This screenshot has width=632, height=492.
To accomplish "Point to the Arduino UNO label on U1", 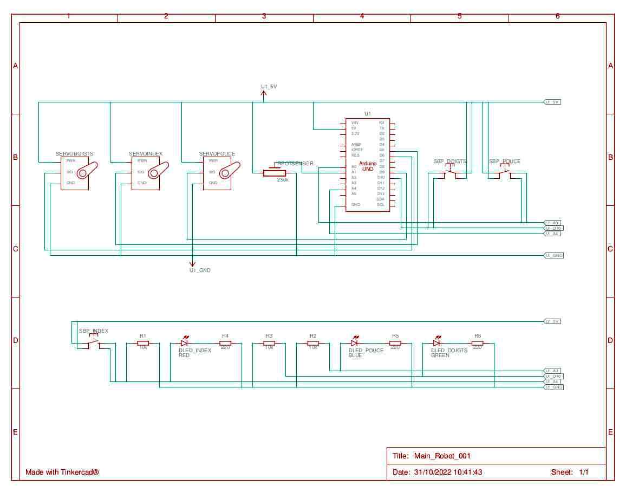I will coord(368,166).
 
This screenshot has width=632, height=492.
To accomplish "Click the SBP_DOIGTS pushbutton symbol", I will coord(450,173).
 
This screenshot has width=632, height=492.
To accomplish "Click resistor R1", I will coord(143,343).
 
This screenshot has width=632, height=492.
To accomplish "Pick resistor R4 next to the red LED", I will coord(225,343).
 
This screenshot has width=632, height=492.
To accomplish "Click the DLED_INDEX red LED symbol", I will coord(184,342).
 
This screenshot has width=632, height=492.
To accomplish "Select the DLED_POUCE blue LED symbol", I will coord(355,342).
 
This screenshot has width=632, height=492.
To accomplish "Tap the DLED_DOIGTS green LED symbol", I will coord(436,342).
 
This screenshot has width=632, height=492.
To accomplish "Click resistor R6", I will coord(477,343).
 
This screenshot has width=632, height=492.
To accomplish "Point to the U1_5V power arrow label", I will coord(269,87).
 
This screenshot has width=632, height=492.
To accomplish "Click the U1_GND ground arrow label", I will coord(200,270).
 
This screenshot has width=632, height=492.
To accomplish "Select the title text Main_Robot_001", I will coord(438,456).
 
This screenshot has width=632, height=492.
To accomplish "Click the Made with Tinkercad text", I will coord(62,472).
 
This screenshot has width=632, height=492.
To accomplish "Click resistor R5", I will coord(395,343).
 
